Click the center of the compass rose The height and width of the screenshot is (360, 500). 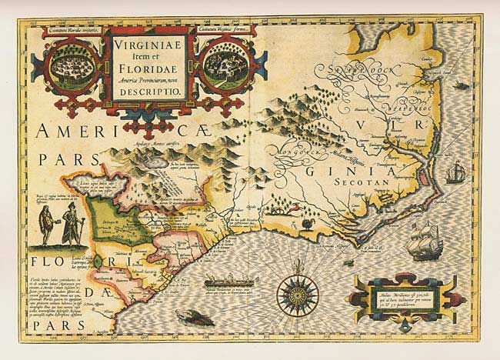[x=295, y=294]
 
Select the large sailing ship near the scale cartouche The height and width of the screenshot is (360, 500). [x=425, y=242]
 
